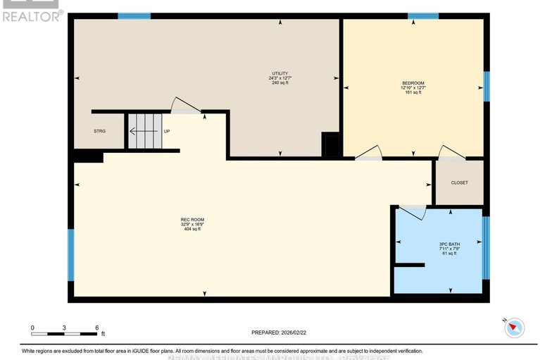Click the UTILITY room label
(x=280, y=73)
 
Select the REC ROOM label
(x=192, y=220)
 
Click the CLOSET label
(x=459, y=182)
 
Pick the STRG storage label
(x=99, y=132)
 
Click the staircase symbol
(x=144, y=130)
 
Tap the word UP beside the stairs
(x=167, y=132)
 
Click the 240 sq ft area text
(x=280, y=83)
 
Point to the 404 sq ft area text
(x=192, y=230)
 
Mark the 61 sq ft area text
(x=449, y=254)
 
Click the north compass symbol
(x=516, y=326)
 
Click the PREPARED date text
(x=280, y=333)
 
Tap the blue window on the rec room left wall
(x=70, y=254)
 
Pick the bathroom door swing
(x=414, y=211)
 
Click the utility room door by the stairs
(x=186, y=106)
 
